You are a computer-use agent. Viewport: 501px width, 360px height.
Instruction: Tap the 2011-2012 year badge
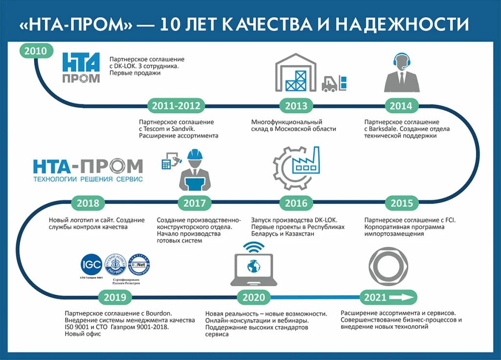(x=176, y=105)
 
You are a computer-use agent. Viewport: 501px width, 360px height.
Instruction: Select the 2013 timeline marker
(x=296, y=105)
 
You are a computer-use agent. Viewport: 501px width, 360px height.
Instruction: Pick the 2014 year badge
(x=401, y=105)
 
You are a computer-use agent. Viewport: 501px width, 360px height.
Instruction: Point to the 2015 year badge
(x=402, y=203)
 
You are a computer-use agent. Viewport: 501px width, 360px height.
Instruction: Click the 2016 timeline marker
(x=296, y=203)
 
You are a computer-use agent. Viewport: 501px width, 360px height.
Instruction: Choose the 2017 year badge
(x=194, y=203)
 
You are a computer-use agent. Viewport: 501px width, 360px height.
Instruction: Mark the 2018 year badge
(x=88, y=203)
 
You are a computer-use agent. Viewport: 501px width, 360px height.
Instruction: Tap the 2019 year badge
(x=115, y=297)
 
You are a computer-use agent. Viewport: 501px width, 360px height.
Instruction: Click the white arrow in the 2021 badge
(x=402, y=297)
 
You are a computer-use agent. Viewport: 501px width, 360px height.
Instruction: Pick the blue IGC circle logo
(x=91, y=266)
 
